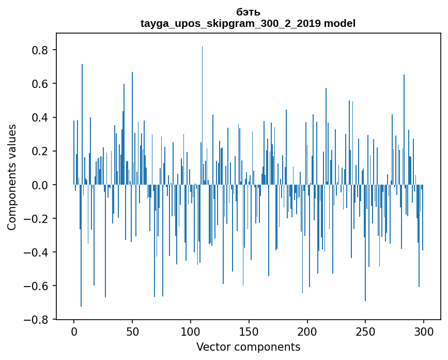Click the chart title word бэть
pyautogui.click(x=248, y=12)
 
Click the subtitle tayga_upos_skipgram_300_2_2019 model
pyautogui.click(x=248, y=23)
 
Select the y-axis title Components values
pyautogui.click(x=12, y=177)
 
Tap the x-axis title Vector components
pyautogui.click(x=248, y=347)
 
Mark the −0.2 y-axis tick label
pyautogui.click(x=38, y=218)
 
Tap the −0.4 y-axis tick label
pyautogui.click(x=38, y=252)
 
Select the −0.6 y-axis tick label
pyautogui.click(x=38, y=286)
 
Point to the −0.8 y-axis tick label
pyautogui.click(x=38, y=319)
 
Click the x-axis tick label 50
pyautogui.click(x=132, y=331)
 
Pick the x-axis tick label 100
pyautogui.click(x=191, y=331)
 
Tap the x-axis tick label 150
pyautogui.click(x=249, y=331)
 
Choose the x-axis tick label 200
pyautogui.click(x=307, y=331)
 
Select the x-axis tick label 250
pyautogui.click(x=365, y=331)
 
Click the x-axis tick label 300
pyautogui.click(x=424, y=331)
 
